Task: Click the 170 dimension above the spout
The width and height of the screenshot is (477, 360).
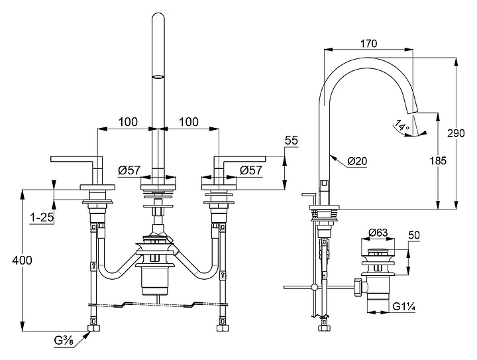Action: click(x=370, y=44)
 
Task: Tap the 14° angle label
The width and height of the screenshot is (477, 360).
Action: click(x=401, y=125)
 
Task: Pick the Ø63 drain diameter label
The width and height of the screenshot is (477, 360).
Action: click(x=377, y=232)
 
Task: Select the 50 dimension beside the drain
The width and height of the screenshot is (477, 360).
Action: click(x=414, y=235)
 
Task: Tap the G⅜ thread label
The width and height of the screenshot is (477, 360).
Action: click(x=64, y=341)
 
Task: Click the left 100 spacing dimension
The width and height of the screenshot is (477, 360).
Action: click(x=128, y=122)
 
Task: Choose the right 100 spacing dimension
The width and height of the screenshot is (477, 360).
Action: click(x=189, y=122)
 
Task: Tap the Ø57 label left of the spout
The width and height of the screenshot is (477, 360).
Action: click(x=129, y=170)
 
